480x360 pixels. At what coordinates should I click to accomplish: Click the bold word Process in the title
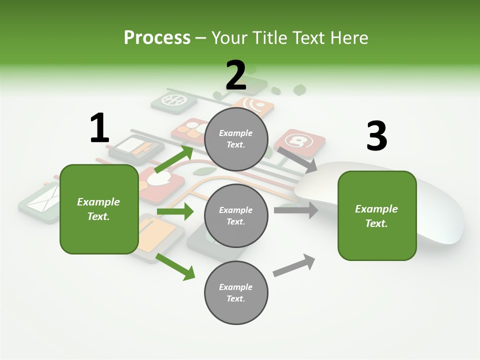157,37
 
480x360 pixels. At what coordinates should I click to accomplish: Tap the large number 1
99,128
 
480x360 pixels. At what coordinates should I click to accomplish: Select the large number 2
236,76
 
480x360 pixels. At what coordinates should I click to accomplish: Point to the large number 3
376,136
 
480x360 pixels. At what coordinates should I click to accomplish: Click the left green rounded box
99,209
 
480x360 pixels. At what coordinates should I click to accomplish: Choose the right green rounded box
377,215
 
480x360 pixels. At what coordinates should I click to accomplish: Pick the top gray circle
236,139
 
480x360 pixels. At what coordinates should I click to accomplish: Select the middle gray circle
236,215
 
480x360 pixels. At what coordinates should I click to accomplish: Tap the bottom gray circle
236,292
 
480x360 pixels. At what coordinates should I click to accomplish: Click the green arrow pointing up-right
174,160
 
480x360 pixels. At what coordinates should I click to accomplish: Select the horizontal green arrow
175,211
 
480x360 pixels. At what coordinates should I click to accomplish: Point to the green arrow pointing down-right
175,266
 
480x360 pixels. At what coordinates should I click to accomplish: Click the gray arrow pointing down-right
297,159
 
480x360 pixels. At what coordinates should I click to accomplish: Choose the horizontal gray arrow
295,210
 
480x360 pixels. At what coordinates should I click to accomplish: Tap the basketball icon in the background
173,100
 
